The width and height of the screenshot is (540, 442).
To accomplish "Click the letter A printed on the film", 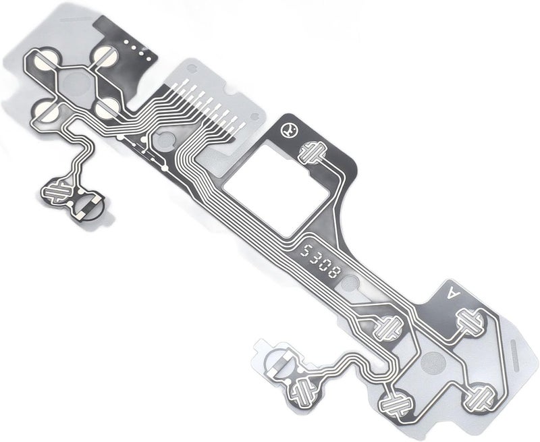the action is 453,293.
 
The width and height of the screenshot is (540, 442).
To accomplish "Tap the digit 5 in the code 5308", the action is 305,250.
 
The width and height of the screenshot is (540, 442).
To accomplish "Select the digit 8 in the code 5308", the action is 335,273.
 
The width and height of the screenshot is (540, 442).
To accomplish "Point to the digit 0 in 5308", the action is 325,265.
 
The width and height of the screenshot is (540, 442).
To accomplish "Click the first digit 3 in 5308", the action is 315,258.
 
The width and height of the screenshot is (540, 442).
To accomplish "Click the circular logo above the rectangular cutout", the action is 288,130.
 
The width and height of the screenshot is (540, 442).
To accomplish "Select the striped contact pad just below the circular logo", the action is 313,152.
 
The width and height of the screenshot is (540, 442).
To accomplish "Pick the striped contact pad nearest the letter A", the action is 469,321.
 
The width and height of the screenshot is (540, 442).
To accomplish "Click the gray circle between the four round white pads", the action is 76,82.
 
